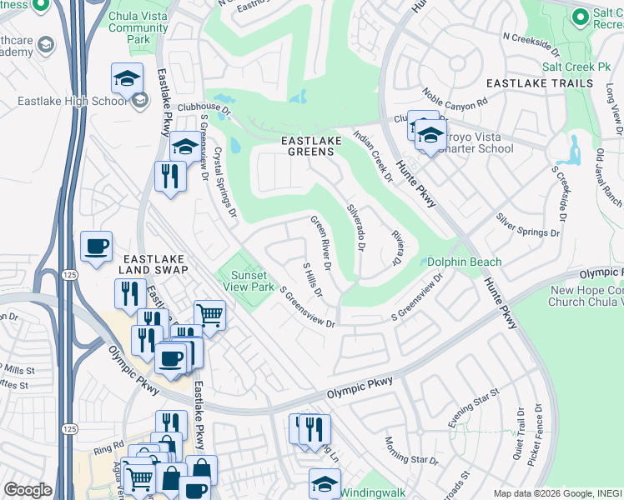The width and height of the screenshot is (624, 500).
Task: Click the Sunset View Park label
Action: click(248, 281)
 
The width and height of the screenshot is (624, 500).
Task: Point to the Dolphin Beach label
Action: click(465, 262)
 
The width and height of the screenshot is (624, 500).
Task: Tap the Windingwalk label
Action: click(373, 492)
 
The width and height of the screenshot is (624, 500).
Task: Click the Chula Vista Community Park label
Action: click(138, 27)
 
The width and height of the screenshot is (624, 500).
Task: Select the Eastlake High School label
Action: click(73, 101)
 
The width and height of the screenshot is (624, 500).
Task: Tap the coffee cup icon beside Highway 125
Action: click(96, 247)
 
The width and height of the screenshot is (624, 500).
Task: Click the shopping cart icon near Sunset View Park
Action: click(210, 316)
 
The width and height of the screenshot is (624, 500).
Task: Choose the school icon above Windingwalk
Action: click(325, 483)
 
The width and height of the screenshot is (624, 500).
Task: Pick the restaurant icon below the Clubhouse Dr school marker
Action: click(170, 177)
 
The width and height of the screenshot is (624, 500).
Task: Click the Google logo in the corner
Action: click(27, 490)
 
